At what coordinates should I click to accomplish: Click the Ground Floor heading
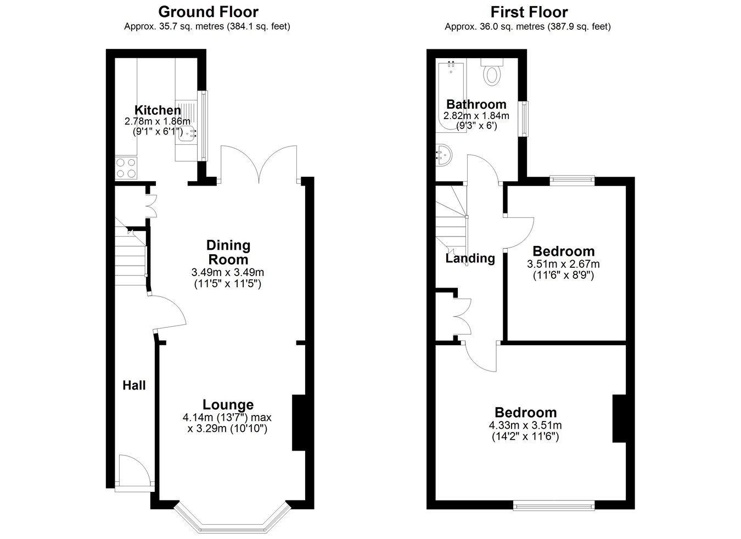(x=208, y=12)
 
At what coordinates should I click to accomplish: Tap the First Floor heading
(x=529, y=12)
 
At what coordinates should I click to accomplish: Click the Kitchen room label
(x=158, y=110)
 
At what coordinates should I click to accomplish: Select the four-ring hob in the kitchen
(x=126, y=168)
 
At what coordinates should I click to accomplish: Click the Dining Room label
(x=228, y=252)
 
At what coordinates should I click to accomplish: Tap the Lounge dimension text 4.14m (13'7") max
(x=227, y=418)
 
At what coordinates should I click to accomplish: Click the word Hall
(x=134, y=385)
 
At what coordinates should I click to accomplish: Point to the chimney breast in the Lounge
(x=299, y=423)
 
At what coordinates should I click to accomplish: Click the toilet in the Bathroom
(x=492, y=72)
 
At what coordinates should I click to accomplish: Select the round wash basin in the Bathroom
(x=444, y=155)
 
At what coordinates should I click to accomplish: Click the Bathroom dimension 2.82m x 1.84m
(x=476, y=116)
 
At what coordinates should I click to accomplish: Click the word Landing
(x=470, y=258)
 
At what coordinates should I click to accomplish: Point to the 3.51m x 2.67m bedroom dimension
(x=563, y=264)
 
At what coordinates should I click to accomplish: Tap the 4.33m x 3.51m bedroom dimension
(x=525, y=425)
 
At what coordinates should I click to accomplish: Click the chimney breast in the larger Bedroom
(x=620, y=418)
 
